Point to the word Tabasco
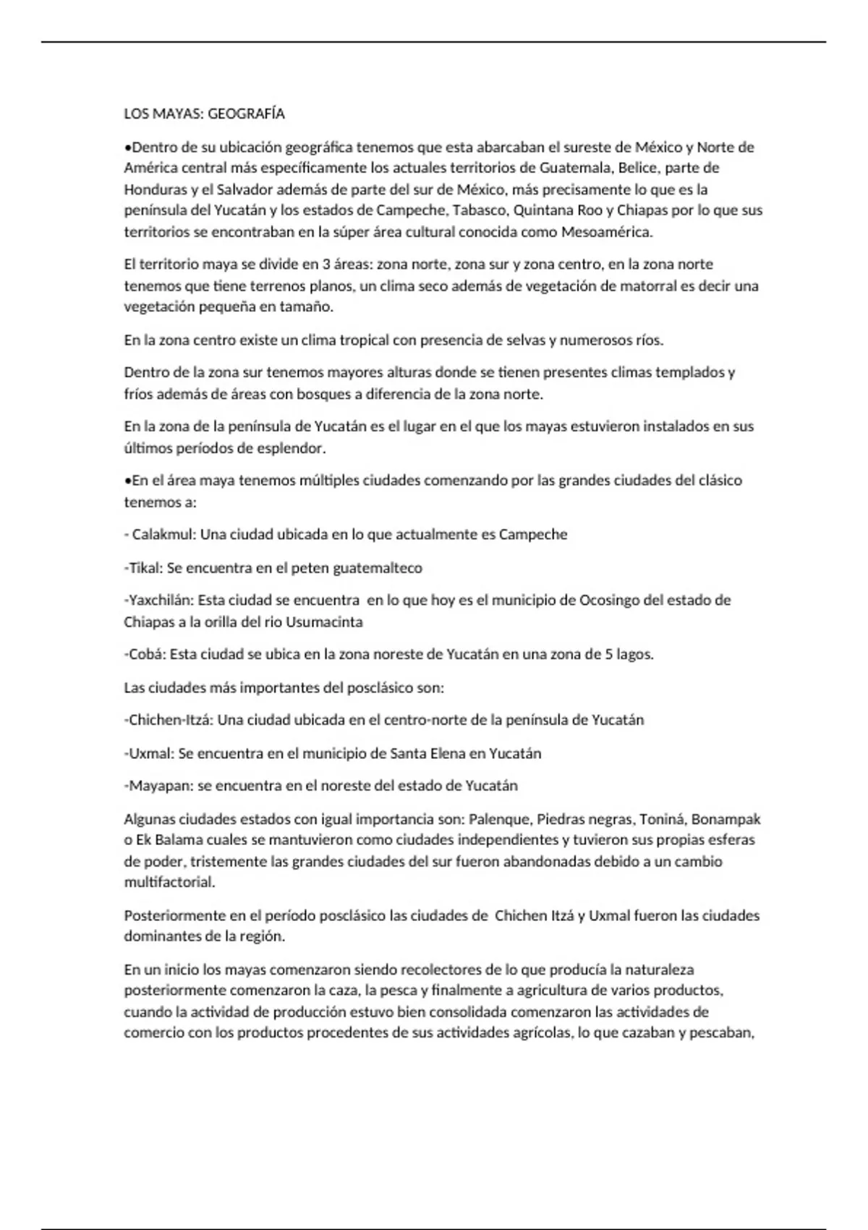(x=480, y=211)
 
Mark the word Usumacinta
(x=325, y=622)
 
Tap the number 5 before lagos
(x=610, y=654)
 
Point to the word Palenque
(x=499, y=820)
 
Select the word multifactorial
(x=169, y=883)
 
